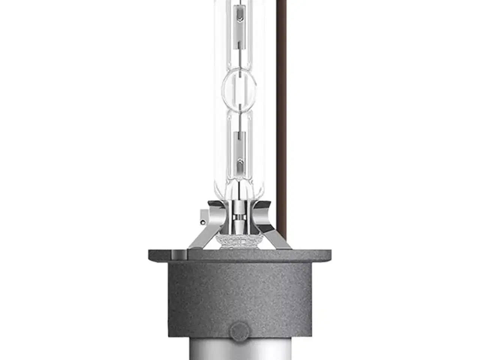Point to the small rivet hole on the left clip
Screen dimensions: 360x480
pos(203,222)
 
